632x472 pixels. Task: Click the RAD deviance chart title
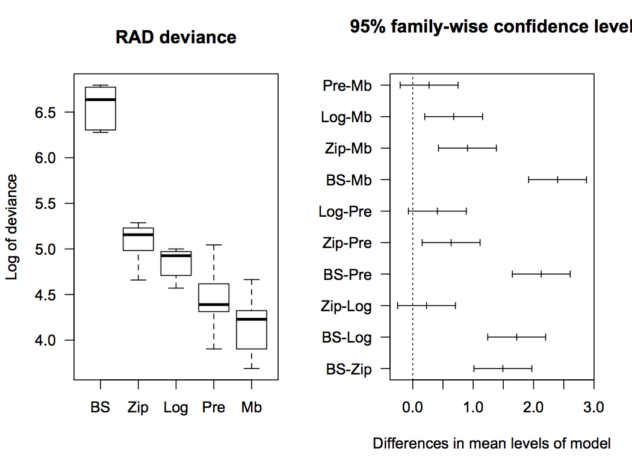click(176, 37)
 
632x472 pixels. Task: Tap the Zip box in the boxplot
click(138, 239)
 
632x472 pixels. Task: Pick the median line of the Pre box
click(214, 305)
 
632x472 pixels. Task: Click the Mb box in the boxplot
click(251, 329)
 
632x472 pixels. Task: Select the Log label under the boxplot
click(176, 408)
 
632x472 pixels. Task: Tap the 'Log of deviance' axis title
click(12, 227)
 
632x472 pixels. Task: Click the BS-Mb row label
click(349, 180)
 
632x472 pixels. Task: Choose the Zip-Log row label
click(346, 306)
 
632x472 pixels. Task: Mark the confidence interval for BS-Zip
click(503, 368)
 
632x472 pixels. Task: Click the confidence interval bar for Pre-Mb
click(429, 85)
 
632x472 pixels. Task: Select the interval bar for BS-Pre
click(541, 274)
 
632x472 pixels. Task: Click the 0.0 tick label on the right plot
click(413, 408)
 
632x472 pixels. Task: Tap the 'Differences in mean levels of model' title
click(492, 444)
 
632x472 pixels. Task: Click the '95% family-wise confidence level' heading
click(491, 27)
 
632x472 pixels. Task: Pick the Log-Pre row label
click(345, 211)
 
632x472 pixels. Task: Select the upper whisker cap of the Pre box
click(214, 245)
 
